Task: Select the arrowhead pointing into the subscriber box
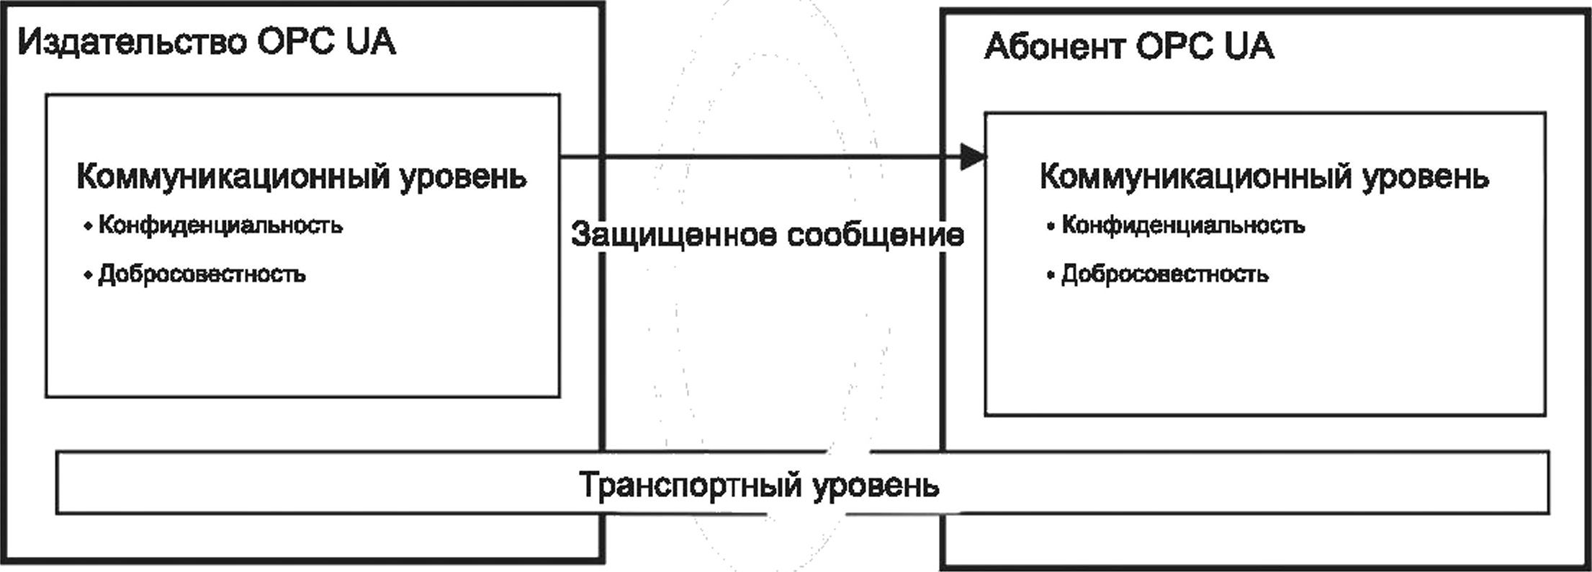973,156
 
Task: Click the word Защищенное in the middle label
673,236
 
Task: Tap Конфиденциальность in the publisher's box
220,225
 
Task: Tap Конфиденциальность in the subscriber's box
1183,225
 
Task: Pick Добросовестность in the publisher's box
202,274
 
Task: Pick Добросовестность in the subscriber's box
1165,274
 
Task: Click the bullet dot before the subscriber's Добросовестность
1051,275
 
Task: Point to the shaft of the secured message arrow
760,156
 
